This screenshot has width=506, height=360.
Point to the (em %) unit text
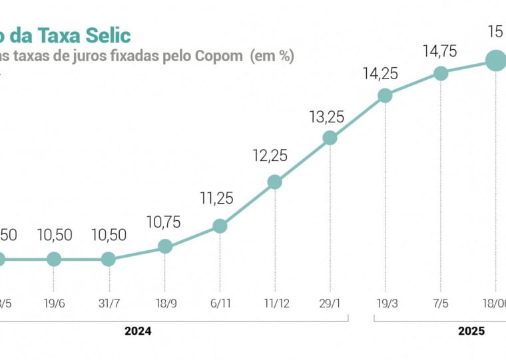point(272,56)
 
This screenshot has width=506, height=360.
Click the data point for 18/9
point(164,247)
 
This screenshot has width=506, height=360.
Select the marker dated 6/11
point(220,226)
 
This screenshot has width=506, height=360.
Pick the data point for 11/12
point(274,182)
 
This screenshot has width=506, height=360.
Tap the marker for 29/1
point(330,138)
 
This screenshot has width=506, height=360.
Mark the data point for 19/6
point(55,260)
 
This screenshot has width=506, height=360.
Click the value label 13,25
point(326,117)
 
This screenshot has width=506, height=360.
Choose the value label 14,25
point(380,74)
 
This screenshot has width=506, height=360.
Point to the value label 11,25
point(216,198)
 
